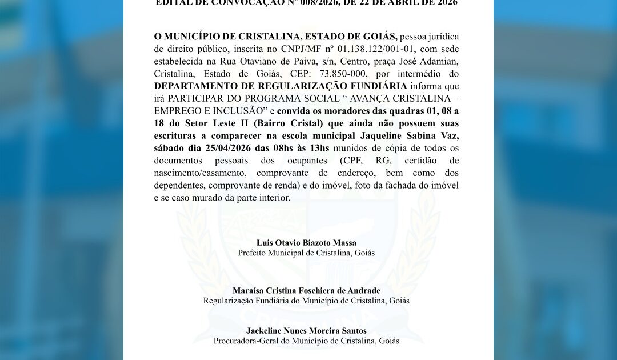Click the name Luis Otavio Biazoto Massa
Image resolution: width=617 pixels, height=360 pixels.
(x=306, y=243)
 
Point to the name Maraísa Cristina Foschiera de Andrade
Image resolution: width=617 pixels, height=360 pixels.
(x=306, y=291)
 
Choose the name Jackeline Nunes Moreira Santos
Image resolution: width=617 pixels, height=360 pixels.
(x=306, y=331)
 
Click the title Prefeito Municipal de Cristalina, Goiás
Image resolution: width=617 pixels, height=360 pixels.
(x=306, y=253)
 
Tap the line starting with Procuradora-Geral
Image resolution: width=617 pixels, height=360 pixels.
(x=306, y=341)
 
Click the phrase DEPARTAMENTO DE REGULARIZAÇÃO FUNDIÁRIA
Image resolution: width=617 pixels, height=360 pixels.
(x=281, y=86)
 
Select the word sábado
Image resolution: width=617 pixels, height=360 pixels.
(x=170, y=148)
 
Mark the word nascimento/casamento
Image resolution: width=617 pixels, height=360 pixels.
(x=200, y=173)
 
